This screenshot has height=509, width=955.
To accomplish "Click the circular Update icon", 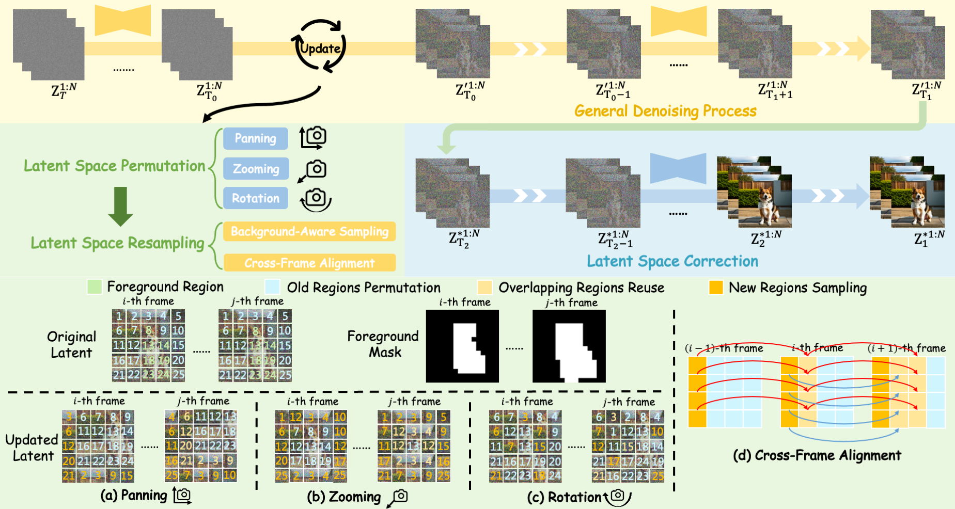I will [320, 47].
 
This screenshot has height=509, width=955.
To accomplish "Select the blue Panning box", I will [255, 138].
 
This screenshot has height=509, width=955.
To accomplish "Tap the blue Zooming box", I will [256, 169].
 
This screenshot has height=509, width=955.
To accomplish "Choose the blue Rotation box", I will [255, 198].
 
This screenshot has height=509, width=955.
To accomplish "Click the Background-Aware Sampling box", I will [309, 231].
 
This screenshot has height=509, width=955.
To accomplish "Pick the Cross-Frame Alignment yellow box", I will [309, 263].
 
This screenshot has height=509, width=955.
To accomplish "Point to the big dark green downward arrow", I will [120, 206].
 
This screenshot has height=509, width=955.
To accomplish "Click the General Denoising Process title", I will [665, 111].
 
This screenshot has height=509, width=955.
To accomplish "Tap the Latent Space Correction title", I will [672, 261].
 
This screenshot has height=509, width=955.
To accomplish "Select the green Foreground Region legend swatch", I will [95, 287].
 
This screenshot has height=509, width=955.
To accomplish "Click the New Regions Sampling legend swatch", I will [716, 288].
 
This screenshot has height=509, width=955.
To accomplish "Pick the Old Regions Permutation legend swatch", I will [272, 287].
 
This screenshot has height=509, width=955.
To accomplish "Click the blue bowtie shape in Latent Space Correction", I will [678, 168].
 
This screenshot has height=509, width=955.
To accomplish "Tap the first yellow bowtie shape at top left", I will [123, 21].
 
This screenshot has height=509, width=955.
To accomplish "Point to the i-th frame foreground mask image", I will [462, 346].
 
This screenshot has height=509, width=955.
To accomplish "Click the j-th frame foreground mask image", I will [569, 346].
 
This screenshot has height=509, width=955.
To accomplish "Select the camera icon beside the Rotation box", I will [316, 199].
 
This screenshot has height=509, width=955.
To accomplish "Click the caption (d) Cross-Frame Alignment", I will [817, 455].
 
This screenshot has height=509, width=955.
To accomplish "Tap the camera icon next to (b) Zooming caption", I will [399, 497].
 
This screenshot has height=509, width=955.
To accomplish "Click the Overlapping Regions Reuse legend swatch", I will [484, 288].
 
